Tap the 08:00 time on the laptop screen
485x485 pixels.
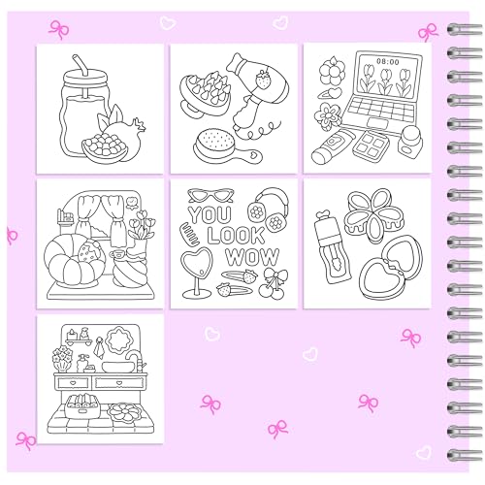[388, 61]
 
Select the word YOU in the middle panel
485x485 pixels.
[210, 214]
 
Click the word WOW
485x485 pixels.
[252, 257]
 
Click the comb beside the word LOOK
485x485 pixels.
[190, 234]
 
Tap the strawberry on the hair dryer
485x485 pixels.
[263, 80]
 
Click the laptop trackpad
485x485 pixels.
[377, 123]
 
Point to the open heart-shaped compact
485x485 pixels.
[391, 267]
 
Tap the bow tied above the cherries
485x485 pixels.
[275, 275]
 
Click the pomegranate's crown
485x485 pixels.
[139, 123]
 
